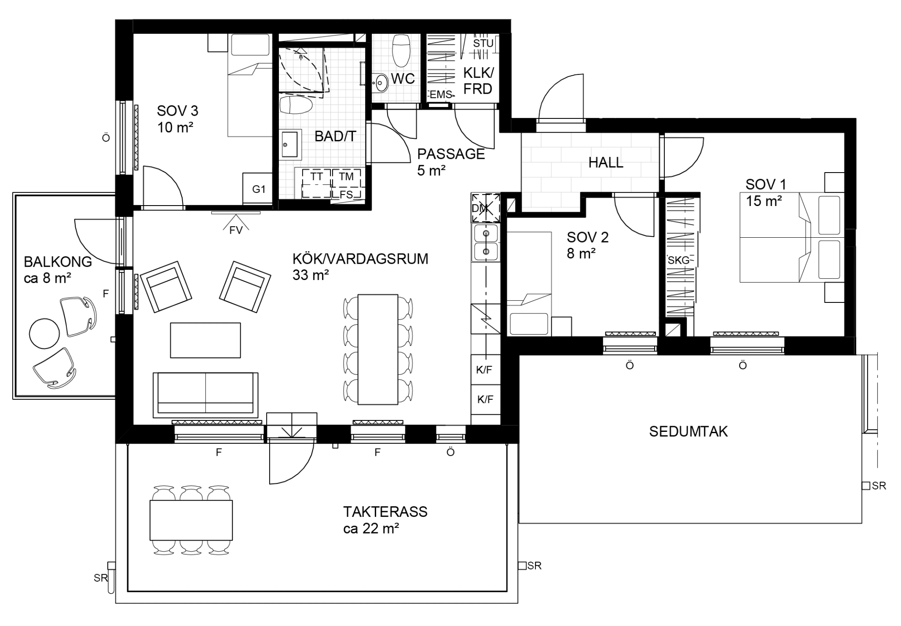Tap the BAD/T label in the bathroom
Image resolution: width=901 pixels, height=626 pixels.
[335, 136]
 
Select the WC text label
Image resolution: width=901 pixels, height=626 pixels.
[403, 79]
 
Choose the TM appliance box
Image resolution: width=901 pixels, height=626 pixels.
[347, 177]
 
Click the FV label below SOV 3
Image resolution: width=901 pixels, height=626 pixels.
[236, 230]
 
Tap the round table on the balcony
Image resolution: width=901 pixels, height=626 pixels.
[44, 333]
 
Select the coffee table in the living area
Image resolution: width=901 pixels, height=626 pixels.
[205, 340]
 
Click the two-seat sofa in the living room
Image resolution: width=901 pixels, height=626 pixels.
[205, 394]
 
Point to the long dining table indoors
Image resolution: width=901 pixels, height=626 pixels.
[378, 349]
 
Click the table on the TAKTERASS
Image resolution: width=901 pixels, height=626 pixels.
[191, 520]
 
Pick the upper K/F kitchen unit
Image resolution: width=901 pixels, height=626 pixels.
[485, 370]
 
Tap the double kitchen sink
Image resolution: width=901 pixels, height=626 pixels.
[486, 242]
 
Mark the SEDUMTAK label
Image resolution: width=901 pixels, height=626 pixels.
[689, 431]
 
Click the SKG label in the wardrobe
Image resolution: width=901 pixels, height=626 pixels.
[678, 260]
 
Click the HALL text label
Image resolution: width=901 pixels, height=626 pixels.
[606, 163]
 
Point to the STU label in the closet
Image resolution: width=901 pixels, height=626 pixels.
[483, 44]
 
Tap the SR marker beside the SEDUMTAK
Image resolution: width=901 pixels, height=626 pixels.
[874, 486]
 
